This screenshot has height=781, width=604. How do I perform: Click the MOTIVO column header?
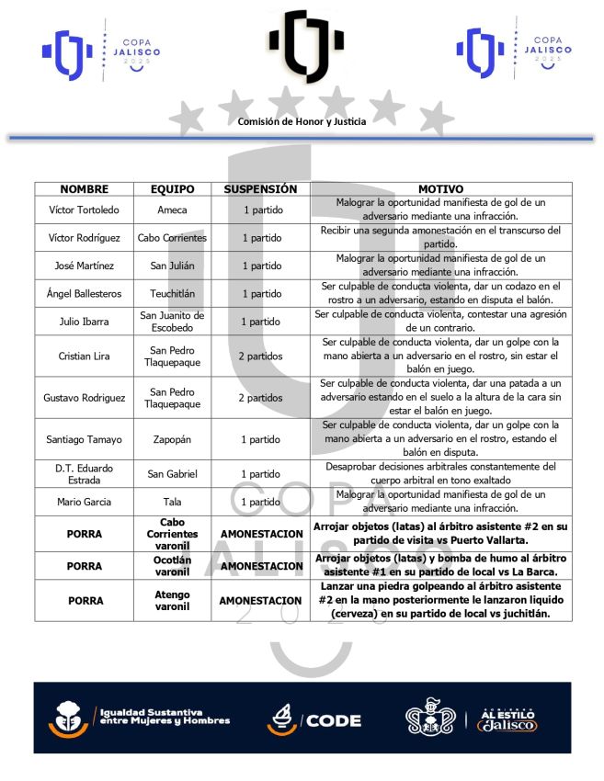440,188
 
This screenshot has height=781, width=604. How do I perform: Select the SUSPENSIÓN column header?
260,188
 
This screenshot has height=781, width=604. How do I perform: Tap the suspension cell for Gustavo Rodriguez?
260,398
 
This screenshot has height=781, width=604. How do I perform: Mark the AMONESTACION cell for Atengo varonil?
260,600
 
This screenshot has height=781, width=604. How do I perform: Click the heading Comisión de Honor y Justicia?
302,121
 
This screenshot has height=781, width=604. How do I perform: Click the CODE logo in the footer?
313,719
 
